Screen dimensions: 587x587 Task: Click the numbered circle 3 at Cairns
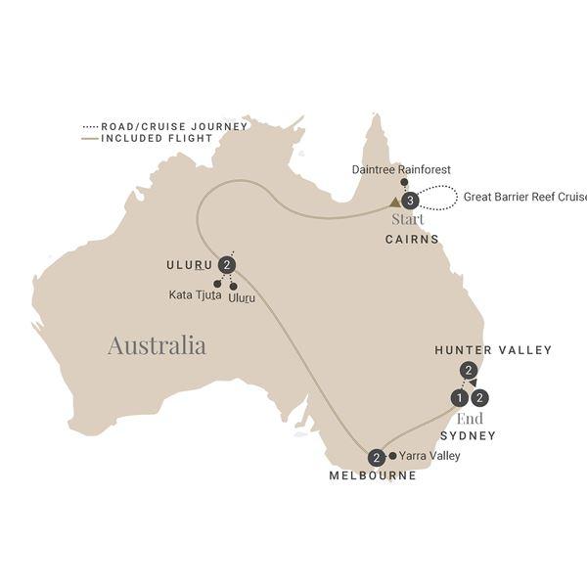[411, 201]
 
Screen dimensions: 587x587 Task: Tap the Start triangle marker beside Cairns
[394, 203]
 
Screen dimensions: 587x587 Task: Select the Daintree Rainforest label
[401, 169]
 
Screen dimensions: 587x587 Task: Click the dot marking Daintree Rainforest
[404, 183]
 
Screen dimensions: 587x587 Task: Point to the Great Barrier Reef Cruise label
[525, 197]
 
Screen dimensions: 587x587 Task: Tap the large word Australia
[157, 345]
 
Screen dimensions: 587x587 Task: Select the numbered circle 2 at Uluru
[228, 264]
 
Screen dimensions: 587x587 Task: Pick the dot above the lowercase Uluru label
[234, 286]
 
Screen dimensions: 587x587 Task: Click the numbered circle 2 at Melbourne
[376, 457]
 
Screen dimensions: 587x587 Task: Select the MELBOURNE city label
[373, 476]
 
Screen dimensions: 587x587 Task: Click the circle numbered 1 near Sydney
[458, 398]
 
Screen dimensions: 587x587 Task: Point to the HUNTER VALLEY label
[493, 350]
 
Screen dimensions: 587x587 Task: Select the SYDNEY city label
[468, 435]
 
